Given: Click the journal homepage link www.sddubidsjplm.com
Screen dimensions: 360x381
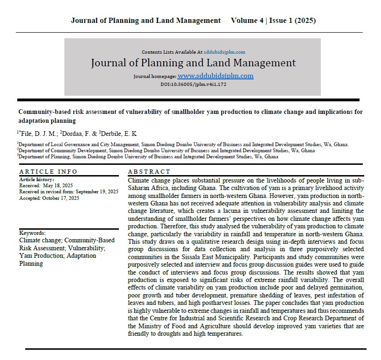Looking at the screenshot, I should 215,76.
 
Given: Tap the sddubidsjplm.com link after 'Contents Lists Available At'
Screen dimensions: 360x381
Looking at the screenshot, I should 224,52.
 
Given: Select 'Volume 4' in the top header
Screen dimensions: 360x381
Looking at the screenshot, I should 247,21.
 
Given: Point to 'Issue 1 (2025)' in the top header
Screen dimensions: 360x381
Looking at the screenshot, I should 292,21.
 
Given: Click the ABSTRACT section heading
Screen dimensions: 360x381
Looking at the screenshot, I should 149,172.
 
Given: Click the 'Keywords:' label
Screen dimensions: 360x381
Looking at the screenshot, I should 33,233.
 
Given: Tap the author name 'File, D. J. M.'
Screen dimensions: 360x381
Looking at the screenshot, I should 37,134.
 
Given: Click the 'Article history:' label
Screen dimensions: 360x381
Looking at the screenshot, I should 36,179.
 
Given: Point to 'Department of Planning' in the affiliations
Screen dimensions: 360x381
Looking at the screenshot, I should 45,157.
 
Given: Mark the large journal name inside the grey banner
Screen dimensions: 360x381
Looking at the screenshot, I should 193,63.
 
